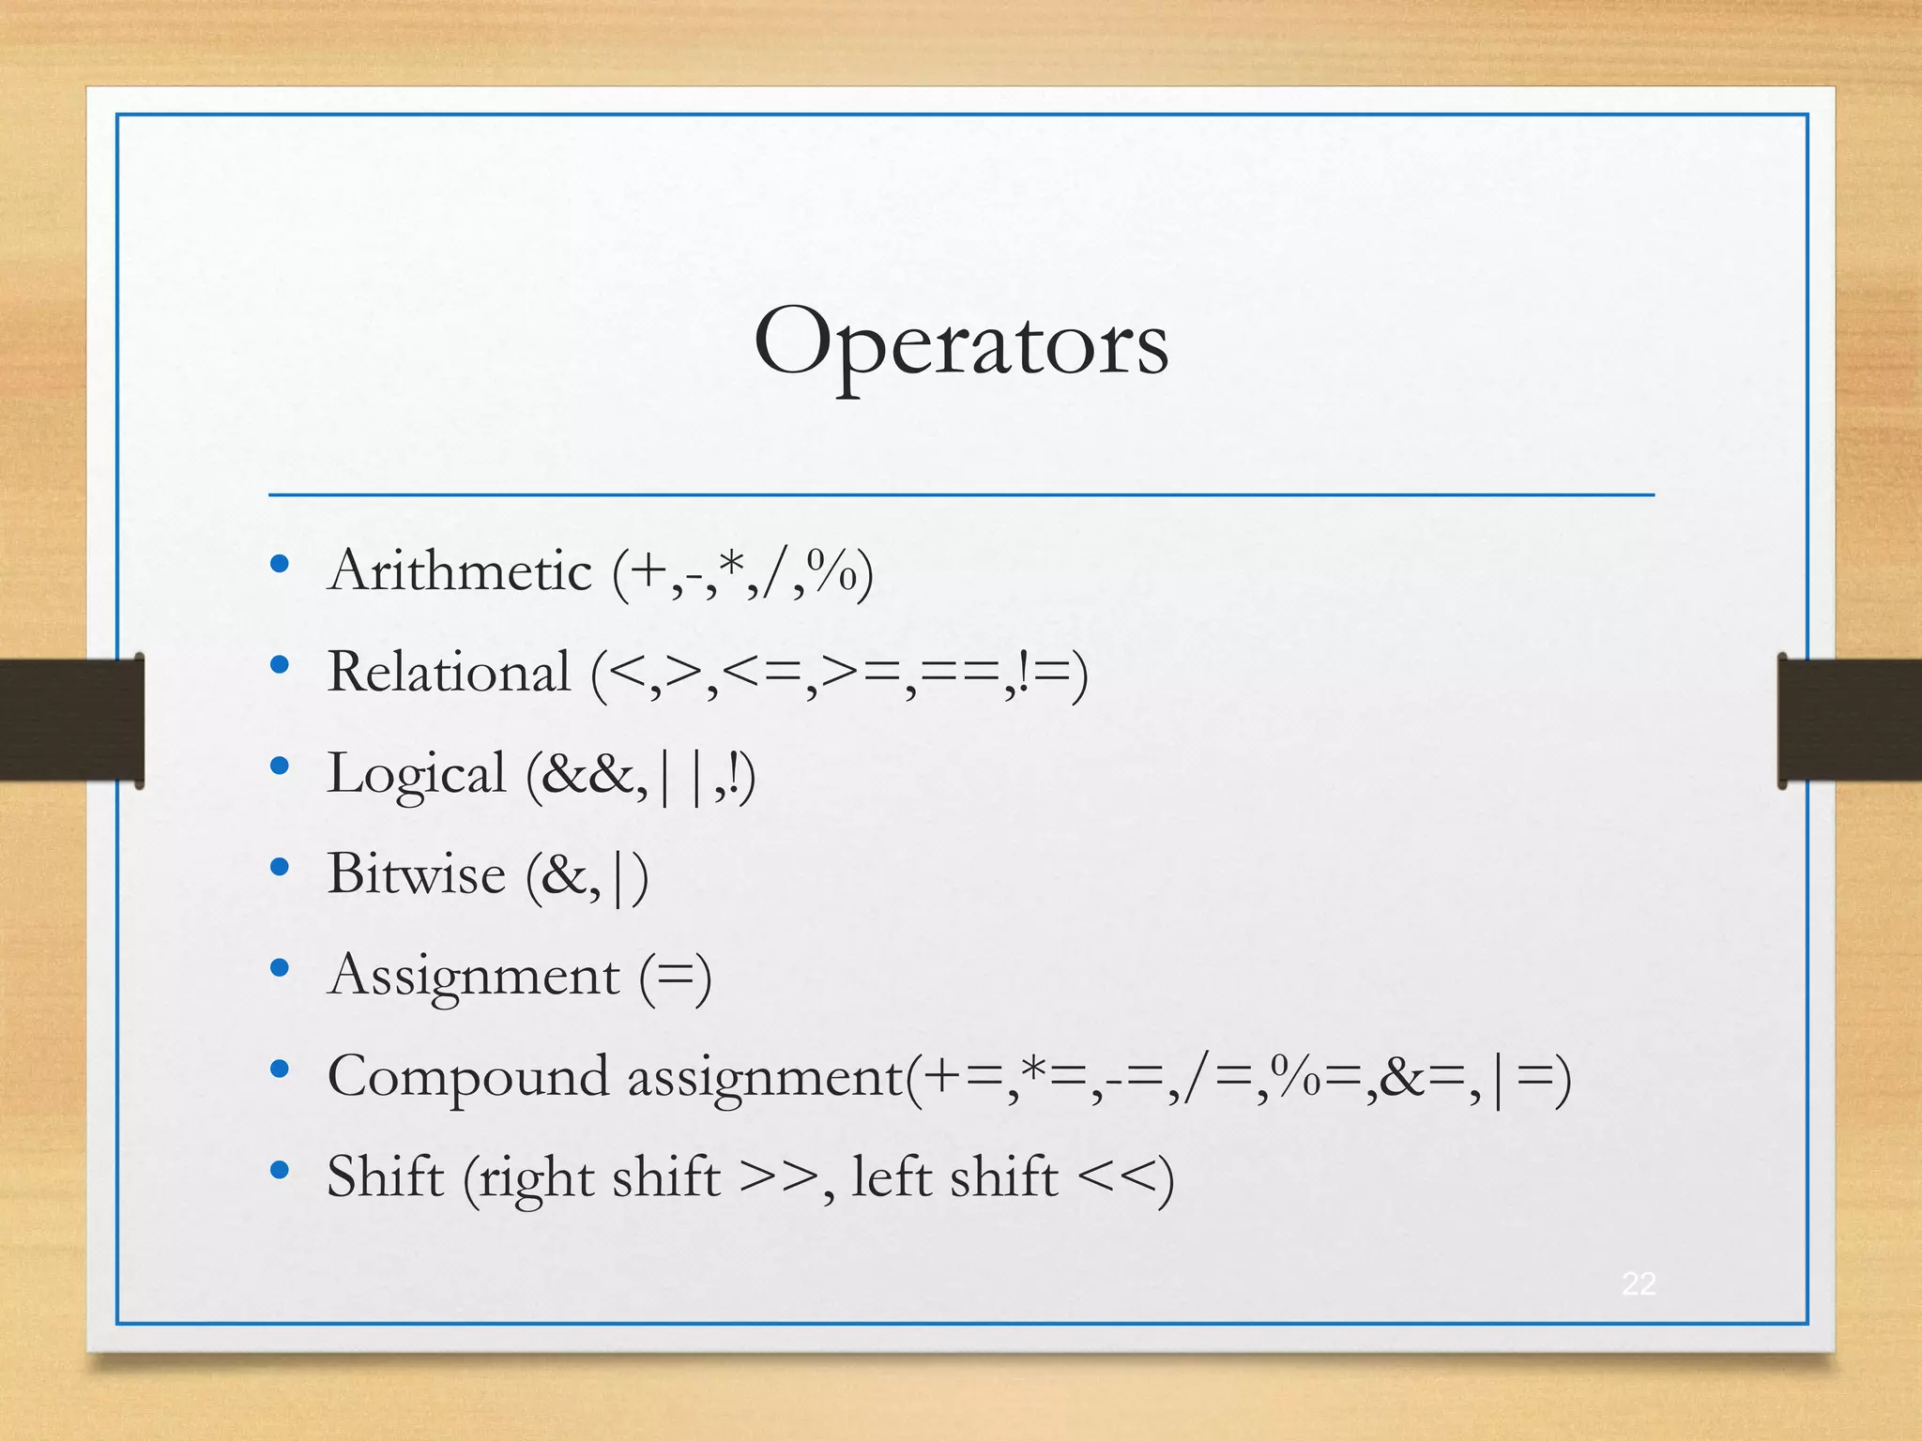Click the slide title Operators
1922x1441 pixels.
pyautogui.click(x=961, y=343)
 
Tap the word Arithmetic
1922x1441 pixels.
pyautogui.click(x=460, y=570)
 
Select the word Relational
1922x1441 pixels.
pyautogui.click(x=449, y=672)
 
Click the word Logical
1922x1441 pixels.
pyautogui.click(x=417, y=775)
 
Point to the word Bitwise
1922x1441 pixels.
pyautogui.click(x=417, y=874)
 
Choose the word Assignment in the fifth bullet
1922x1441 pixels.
pyautogui.click(x=474, y=976)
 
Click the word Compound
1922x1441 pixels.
pyautogui.click(x=468, y=1077)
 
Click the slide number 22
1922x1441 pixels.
pyautogui.click(x=1639, y=1283)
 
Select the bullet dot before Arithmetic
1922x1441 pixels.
pyautogui.click(x=279, y=564)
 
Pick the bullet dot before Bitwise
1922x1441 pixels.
pyautogui.click(x=279, y=868)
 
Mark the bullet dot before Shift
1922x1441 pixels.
pyautogui.click(x=279, y=1170)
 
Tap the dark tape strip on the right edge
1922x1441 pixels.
pyautogui.click(x=1849, y=720)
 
